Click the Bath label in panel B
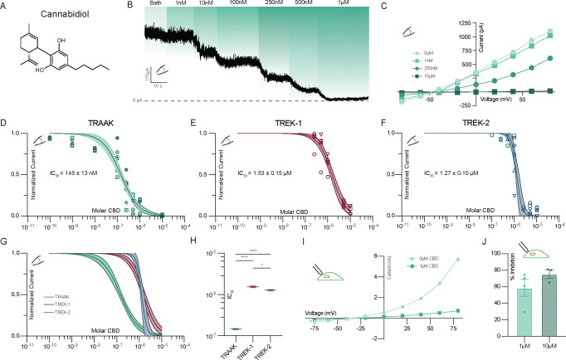[x=155, y=5]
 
